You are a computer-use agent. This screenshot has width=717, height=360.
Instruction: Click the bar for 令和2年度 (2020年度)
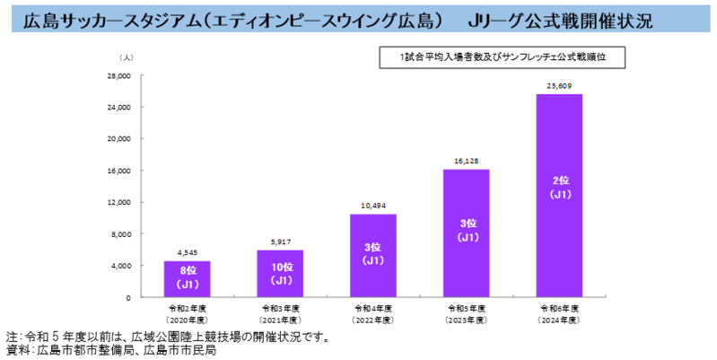pos(187,278)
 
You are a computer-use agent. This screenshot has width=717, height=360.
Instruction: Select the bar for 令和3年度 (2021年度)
pos(280,273)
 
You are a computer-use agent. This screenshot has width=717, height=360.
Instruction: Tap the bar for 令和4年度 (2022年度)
pos(373,255)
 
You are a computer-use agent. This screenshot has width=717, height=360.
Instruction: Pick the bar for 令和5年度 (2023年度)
pos(466,233)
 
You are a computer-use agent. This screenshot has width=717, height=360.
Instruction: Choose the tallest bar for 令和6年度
pos(559,195)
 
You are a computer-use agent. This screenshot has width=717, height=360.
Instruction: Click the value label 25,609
pos(559,86)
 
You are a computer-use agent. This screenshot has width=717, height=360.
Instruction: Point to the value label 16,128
pos(466,162)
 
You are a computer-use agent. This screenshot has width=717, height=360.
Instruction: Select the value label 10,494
pos(373,206)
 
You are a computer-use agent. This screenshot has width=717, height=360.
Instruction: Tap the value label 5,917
pos(280,242)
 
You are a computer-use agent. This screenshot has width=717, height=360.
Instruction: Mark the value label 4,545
pos(187,253)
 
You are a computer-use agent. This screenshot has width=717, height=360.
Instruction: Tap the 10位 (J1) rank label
pos(280,274)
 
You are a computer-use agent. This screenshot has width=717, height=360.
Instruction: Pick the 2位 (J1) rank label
pos(559,187)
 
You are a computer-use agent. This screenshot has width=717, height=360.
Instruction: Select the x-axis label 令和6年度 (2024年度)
pos(559,313)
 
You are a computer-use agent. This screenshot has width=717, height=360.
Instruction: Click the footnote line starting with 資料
pos(112,351)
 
